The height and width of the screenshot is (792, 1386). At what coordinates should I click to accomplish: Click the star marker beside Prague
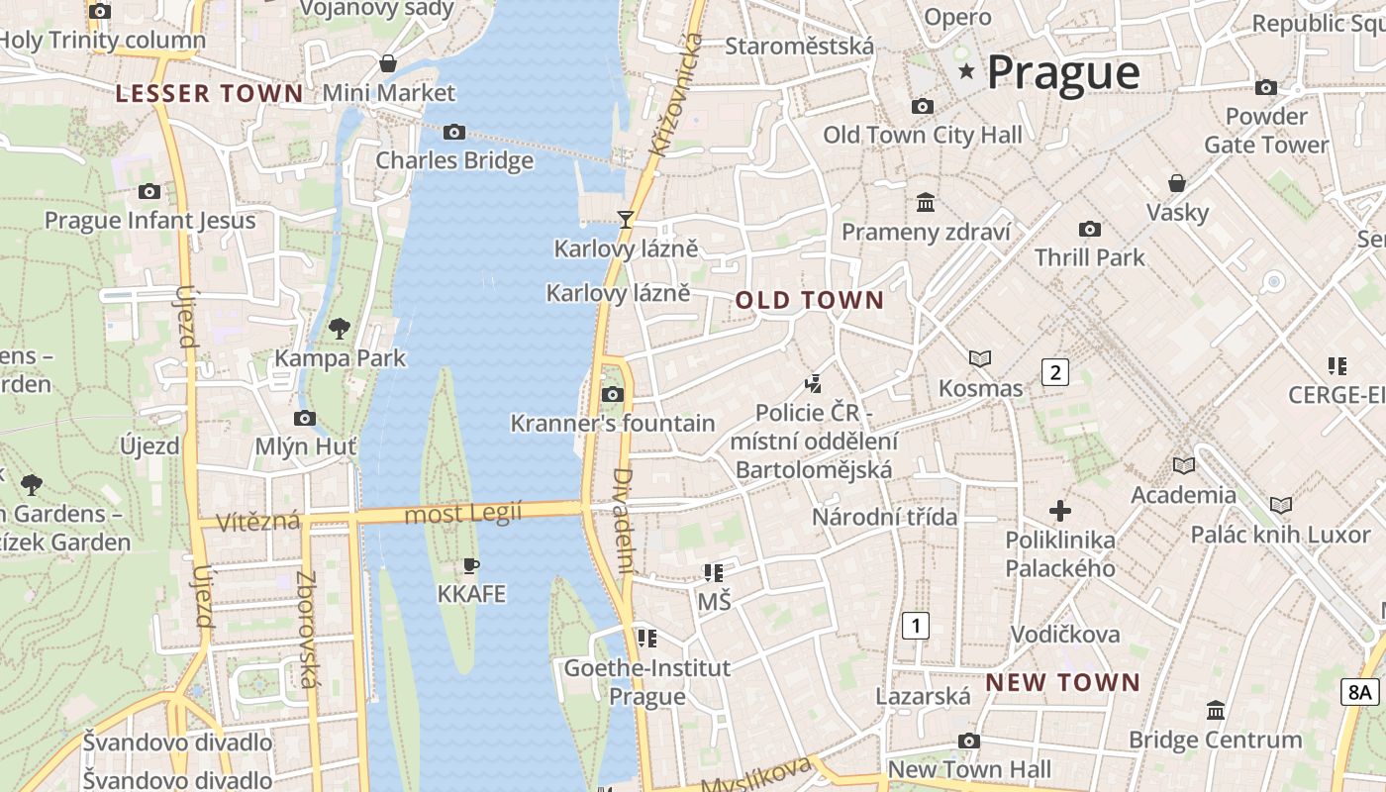966,71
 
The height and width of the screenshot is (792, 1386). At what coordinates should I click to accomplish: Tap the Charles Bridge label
454,160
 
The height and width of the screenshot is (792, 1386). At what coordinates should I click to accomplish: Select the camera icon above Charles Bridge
454,132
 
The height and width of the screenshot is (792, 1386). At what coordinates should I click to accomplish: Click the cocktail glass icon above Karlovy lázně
625,219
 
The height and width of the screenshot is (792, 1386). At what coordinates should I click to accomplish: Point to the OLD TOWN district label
809,301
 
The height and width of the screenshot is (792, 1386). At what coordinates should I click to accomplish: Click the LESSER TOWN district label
209,94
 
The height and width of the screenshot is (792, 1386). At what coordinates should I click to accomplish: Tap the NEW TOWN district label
1062,682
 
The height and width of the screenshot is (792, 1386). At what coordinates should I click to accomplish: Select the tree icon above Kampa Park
340,328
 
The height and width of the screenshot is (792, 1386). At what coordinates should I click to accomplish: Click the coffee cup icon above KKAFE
471,565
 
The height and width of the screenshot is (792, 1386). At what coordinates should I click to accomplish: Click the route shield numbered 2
1055,372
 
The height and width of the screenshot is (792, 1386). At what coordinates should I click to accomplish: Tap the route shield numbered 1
917,626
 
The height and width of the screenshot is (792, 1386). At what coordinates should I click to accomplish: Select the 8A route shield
1360,692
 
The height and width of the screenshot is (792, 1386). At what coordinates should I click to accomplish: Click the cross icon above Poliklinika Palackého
1060,511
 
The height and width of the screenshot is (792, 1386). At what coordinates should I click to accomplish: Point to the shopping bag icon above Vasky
1177,183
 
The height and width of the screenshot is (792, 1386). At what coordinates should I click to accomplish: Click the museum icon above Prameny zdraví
926,202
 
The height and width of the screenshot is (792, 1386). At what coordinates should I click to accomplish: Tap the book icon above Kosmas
980,358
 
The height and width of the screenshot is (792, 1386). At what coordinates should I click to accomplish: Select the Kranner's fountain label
612,424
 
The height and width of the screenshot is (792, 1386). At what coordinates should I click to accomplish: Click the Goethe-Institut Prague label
646,682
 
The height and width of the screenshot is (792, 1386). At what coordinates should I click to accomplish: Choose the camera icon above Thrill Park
1089,229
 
